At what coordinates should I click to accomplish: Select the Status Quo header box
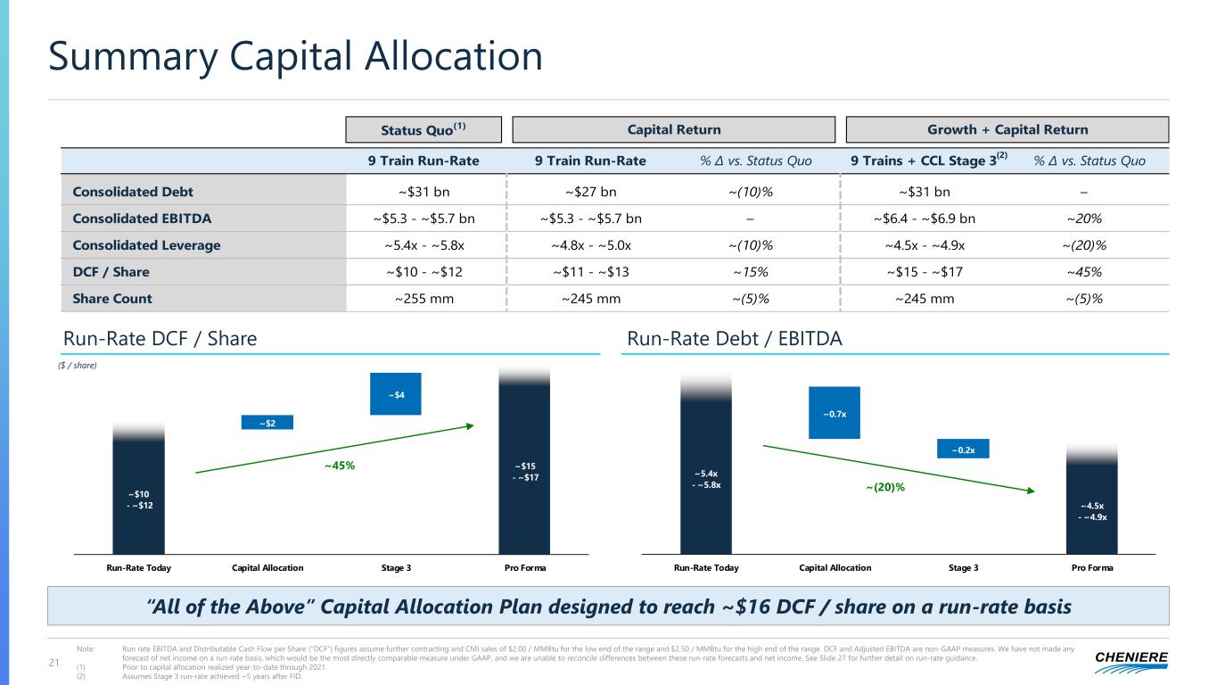coord(423,129)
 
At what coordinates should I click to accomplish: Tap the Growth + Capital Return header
coord(1007,129)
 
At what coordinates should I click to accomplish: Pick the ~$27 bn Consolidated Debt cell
coord(591,192)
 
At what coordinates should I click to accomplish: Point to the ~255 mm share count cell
coord(423,299)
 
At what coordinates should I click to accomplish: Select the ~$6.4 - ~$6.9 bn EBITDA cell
coord(924,219)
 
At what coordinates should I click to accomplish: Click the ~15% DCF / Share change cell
coord(749,272)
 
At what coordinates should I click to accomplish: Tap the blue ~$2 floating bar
coord(267,423)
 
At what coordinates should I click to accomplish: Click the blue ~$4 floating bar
coord(395,393)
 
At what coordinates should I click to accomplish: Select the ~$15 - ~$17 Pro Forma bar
coord(524,472)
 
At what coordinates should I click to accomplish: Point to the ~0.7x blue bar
coord(834,413)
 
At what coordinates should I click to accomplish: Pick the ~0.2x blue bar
coord(963,450)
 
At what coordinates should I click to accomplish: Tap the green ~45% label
coord(339,465)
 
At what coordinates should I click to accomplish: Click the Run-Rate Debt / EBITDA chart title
coord(735,339)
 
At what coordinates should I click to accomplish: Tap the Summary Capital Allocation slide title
coord(295,58)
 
